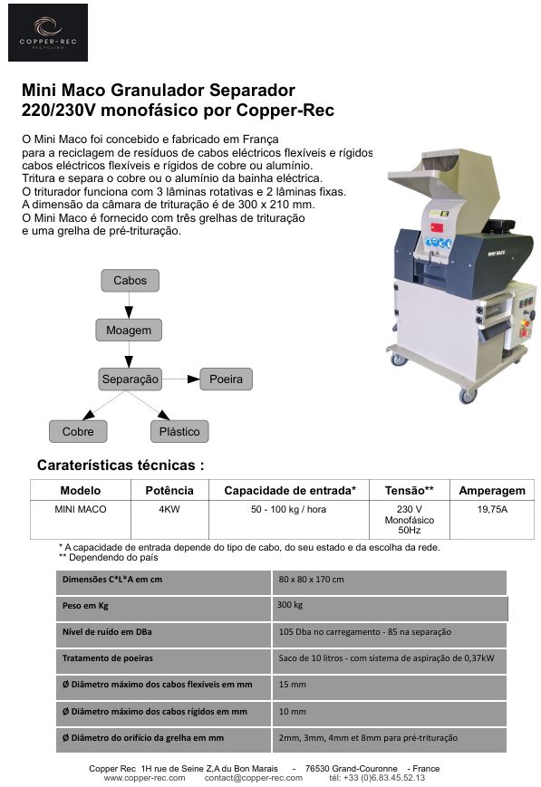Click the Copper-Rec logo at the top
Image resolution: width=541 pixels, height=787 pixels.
[48, 33]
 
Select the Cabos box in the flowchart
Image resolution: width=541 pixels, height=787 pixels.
[130, 281]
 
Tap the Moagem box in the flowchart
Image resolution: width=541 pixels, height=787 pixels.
[129, 331]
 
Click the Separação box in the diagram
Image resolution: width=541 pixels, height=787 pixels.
[130, 379]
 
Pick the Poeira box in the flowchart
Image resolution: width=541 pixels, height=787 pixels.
[226, 379]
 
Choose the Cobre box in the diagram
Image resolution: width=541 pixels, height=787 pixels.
[78, 432]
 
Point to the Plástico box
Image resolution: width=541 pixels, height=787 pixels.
[179, 432]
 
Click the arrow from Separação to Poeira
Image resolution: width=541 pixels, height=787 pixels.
[181, 379]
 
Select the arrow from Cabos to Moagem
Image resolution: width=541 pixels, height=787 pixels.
[129, 305]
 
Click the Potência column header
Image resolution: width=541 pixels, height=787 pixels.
[169, 490]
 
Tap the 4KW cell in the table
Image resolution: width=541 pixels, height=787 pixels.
[169, 510]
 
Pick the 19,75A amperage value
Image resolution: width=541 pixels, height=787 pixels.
[492, 510]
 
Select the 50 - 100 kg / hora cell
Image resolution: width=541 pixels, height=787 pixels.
[288, 510]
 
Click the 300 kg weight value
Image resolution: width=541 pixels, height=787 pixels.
[290, 605]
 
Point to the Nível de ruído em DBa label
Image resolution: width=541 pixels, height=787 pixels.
[107, 632]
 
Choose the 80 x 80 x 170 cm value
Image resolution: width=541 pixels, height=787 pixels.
[312, 580]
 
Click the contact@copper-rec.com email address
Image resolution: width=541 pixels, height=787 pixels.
[254, 778]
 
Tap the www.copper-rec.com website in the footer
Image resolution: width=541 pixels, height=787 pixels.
[145, 778]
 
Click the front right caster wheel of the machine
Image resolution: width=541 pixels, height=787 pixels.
[468, 396]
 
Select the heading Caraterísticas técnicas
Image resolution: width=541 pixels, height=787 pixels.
[121, 465]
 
